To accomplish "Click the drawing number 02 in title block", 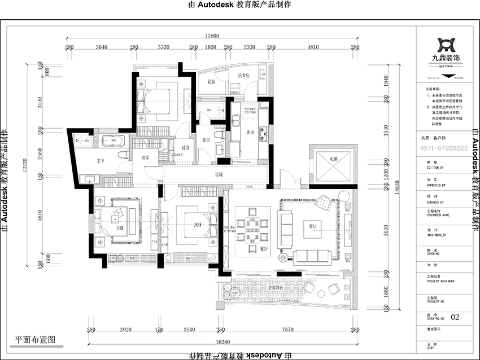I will [456, 317].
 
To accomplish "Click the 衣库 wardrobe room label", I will [145, 157].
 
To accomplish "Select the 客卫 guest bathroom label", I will [205, 139].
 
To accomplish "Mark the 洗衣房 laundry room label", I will [244, 75].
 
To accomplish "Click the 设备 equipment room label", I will [211, 81].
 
